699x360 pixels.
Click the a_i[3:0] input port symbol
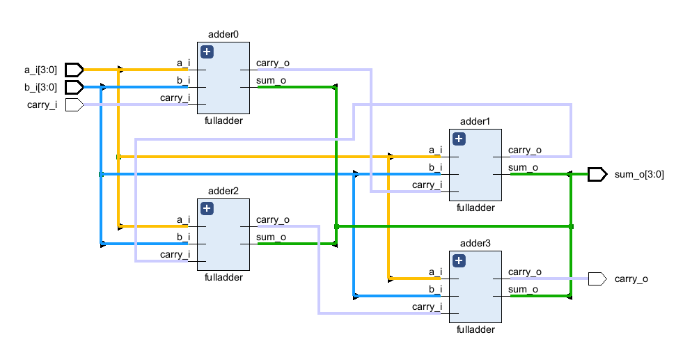[74, 70]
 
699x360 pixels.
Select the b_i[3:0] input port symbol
[74, 87]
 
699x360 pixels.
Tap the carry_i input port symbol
[74, 104]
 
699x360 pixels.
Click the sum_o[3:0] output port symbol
[597, 174]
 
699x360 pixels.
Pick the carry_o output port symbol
[597, 279]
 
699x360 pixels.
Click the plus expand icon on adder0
[207, 52]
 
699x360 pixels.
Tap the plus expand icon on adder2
[207, 208]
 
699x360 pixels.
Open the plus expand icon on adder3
[459, 260]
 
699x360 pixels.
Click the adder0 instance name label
[223, 35]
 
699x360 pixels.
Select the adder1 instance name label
[476, 122]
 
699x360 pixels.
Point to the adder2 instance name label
[223, 191]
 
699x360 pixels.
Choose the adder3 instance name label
[476, 244]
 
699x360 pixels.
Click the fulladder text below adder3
[476, 329]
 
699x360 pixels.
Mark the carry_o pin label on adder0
[273, 63]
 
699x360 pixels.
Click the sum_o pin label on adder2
[271, 237]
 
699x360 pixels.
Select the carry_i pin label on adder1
[427, 185]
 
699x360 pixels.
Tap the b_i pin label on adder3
[435, 290]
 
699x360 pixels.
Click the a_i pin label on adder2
[183, 220]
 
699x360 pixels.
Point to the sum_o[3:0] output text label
[639, 175]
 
